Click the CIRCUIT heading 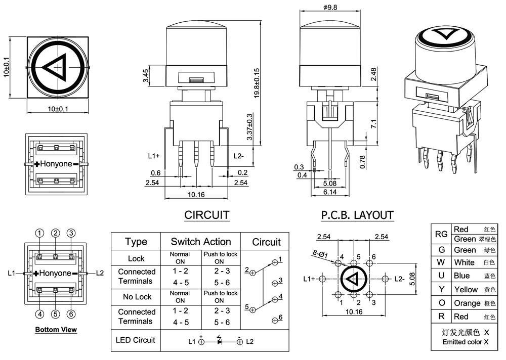206,215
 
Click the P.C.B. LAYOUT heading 357,215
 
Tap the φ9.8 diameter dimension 329,7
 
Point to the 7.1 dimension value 373,124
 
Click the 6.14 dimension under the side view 329,192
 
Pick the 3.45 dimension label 146,76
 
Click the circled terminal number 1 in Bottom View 39,233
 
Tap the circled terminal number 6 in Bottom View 71,313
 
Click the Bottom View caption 56,330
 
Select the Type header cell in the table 136,242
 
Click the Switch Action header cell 200,242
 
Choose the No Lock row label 136,296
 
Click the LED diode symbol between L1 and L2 220,341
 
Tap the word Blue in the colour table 461,276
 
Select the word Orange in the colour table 467,303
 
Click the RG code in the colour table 441,234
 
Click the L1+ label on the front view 154,156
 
